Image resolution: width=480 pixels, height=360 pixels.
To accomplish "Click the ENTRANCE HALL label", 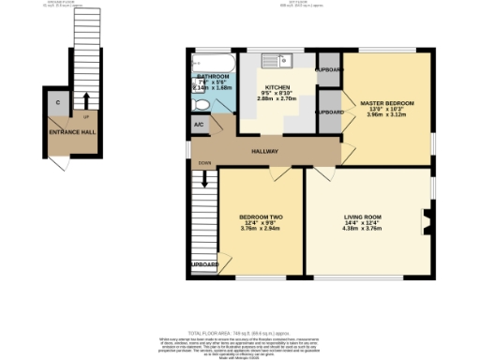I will [71, 133].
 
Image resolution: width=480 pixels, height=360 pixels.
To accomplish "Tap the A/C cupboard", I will [199, 125].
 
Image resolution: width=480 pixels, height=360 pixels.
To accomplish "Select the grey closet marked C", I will [58, 103].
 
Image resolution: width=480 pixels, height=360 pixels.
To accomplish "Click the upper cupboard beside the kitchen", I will [329, 70].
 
